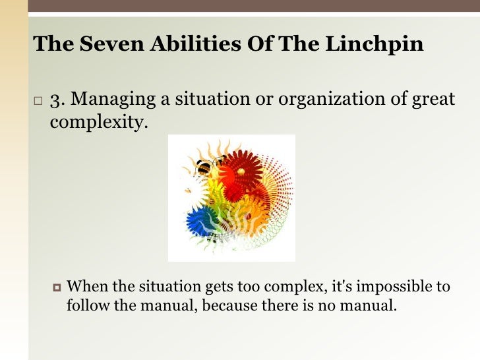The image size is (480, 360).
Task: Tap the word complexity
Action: click(96, 122)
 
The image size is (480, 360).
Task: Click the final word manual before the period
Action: click(371, 305)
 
